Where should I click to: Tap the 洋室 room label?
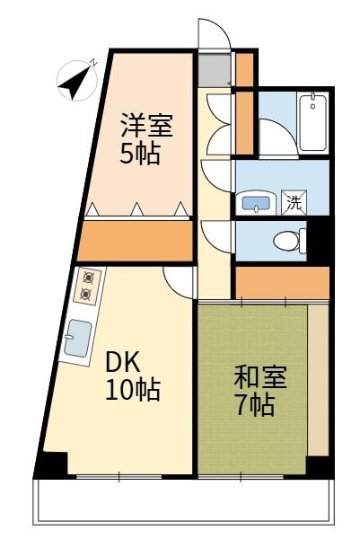click(x=147, y=125)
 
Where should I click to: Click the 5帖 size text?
click(x=141, y=154)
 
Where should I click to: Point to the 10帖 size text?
click(x=133, y=391)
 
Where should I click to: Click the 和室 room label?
click(x=260, y=376)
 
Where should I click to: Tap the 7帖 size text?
click(x=254, y=405)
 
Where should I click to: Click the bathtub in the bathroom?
click(x=313, y=122)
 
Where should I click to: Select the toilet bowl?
click(x=286, y=241)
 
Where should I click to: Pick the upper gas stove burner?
click(x=87, y=278)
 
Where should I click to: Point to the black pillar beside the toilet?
click(x=318, y=240)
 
